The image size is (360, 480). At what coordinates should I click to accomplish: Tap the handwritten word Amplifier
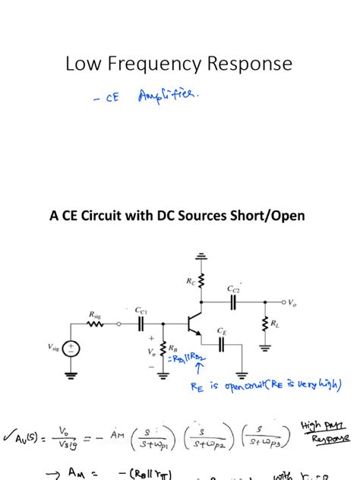click(169, 96)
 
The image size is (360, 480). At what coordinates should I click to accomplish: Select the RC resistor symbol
click(201, 282)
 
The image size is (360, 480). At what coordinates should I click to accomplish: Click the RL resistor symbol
click(265, 325)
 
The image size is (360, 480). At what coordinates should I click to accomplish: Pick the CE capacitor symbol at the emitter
click(221, 343)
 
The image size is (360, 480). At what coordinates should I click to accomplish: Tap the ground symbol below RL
click(265, 348)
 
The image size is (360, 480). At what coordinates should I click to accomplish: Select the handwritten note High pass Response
click(325, 432)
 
